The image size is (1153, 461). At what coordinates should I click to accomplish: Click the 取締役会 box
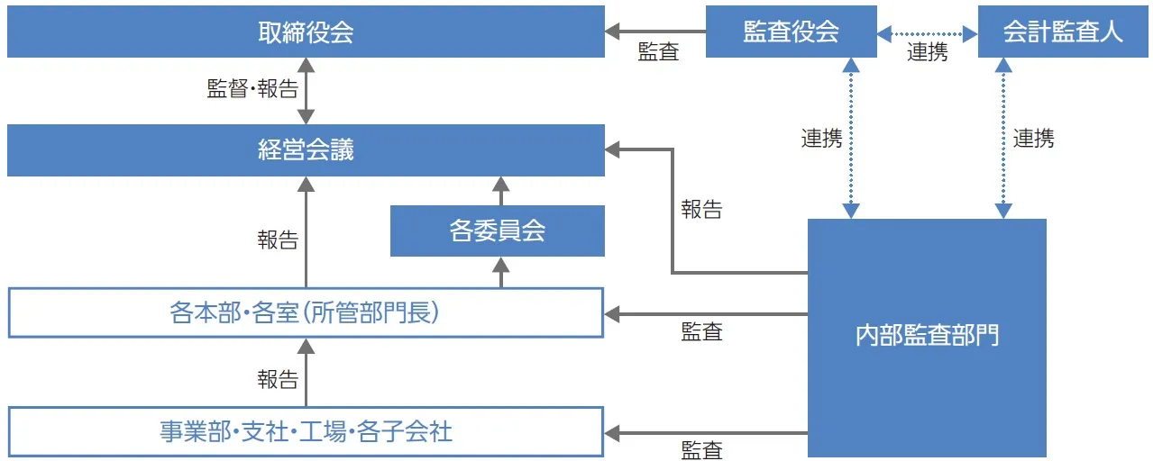pyautogui.click(x=306, y=32)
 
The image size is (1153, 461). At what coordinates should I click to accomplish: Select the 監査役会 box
pyautogui.click(x=791, y=32)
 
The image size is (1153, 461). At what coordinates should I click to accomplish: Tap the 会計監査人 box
pyautogui.click(x=1063, y=32)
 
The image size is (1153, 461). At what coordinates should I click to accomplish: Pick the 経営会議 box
pyautogui.click(x=306, y=150)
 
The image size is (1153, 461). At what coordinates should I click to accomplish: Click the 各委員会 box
pyautogui.click(x=497, y=230)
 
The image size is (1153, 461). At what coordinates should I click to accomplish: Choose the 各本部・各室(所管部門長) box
pyautogui.click(x=306, y=312)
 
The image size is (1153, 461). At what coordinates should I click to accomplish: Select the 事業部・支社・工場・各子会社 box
pyautogui.click(x=306, y=432)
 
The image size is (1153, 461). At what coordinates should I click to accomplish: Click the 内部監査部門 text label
pyautogui.click(x=926, y=337)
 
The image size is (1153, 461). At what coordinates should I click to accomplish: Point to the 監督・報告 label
pyautogui.click(x=252, y=89)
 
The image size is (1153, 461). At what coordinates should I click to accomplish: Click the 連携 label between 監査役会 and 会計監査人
pyautogui.click(x=927, y=53)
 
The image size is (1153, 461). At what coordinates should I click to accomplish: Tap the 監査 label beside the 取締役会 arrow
pyautogui.click(x=658, y=53)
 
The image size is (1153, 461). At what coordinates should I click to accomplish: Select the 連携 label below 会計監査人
pyautogui.click(x=1033, y=139)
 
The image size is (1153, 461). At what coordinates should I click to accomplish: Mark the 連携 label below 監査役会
pyautogui.click(x=821, y=139)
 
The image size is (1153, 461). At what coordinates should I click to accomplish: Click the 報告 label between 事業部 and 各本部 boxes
pyautogui.click(x=278, y=380)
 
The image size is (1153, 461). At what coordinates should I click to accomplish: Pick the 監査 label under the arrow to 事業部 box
pyautogui.click(x=701, y=450)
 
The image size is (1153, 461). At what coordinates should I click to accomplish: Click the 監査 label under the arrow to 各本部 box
pyautogui.click(x=701, y=332)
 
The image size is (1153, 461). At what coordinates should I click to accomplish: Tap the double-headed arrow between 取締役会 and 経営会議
pyautogui.click(x=307, y=91)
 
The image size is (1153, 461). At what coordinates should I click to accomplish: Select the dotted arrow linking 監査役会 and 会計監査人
pyautogui.click(x=927, y=33)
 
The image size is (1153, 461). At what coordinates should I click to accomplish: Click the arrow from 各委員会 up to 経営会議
pyautogui.click(x=501, y=191)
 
